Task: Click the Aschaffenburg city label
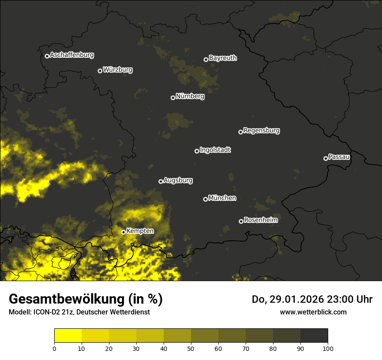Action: click(x=72, y=55)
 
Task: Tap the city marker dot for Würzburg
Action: click(x=100, y=71)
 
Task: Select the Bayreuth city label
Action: click(x=223, y=58)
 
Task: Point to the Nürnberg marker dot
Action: click(x=173, y=98)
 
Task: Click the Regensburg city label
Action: click(x=261, y=131)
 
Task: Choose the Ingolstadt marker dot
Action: click(x=197, y=151)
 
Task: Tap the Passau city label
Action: click(x=339, y=157)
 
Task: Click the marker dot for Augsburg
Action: click(x=161, y=181)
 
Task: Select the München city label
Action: click(x=222, y=198)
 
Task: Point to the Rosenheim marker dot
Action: click(x=241, y=221)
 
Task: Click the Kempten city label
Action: click(x=140, y=231)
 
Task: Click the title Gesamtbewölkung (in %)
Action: click(x=86, y=299)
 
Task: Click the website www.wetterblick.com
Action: click(x=313, y=312)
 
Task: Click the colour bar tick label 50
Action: click(x=191, y=348)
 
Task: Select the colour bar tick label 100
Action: click(x=328, y=348)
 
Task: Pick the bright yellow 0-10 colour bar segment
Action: click(x=68, y=336)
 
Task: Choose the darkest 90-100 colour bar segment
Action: click(x=314, y=336)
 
